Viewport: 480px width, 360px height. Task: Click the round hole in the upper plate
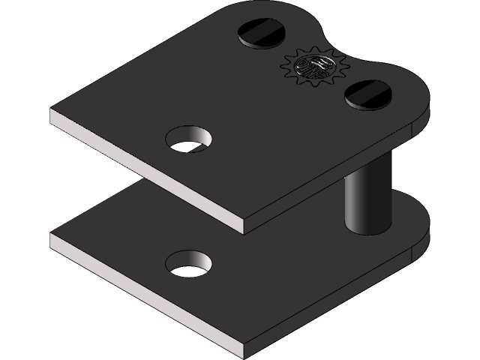(188, 139)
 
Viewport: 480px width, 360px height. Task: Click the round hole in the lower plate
(188, 262)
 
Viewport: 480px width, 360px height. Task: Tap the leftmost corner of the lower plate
(52, 238)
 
